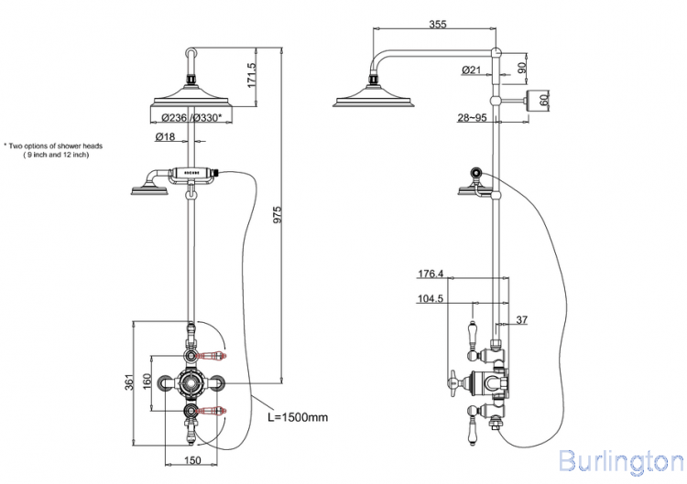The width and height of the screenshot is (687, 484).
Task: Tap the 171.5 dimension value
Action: click(x=250, y=75)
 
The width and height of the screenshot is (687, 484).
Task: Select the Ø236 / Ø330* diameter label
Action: click(x=191, y=117)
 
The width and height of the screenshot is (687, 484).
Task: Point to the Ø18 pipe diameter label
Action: click(x=165, y=136)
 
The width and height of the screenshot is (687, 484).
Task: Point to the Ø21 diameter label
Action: click(x=472, y=70)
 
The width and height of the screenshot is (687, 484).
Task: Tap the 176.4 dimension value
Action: click(x=431, y=274)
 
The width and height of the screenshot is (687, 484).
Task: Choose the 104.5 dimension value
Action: click(x=431, y=298)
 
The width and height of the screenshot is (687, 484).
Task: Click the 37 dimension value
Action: click(x=522, y=318)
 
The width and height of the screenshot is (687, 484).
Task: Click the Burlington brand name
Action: click(x=620, y=460)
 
